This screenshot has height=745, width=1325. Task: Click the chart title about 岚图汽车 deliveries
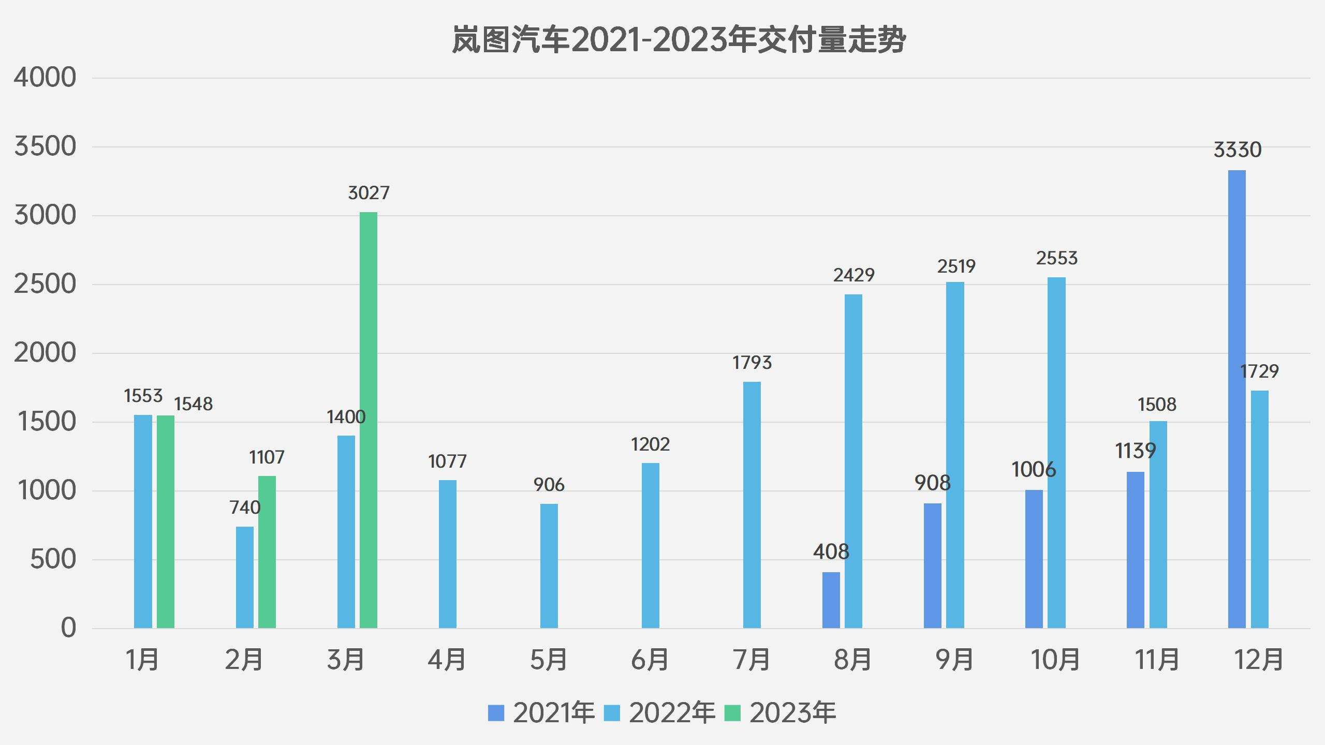pos(678,40)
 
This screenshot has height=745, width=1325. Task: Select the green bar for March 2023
pos(369,420)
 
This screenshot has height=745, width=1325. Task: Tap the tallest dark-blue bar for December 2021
pos(1236,398)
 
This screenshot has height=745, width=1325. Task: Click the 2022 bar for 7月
pos(752,505)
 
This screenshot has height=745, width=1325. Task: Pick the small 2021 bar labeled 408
pos(831,600)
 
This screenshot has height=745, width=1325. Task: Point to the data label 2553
pos(1056,258)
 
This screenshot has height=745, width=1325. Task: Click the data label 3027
pos(369,193)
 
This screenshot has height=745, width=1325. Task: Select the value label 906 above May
pos(549,485)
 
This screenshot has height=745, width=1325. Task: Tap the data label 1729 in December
pos(1259,371)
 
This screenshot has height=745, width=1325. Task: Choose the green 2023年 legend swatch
pos(732,713)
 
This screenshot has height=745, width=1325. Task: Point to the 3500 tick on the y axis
pos(45,146)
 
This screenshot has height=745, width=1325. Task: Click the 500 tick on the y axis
pos(53,559)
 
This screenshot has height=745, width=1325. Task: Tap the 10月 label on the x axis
pos(1055,660)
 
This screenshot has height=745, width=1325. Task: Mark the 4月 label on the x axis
pos(447,660)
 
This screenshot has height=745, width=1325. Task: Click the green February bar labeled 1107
pos(267,552)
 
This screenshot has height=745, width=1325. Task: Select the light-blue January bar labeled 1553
pos(143,521)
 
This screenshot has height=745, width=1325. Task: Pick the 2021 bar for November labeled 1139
pos(1135,550)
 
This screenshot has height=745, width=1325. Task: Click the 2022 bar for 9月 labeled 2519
pos(955,455)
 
